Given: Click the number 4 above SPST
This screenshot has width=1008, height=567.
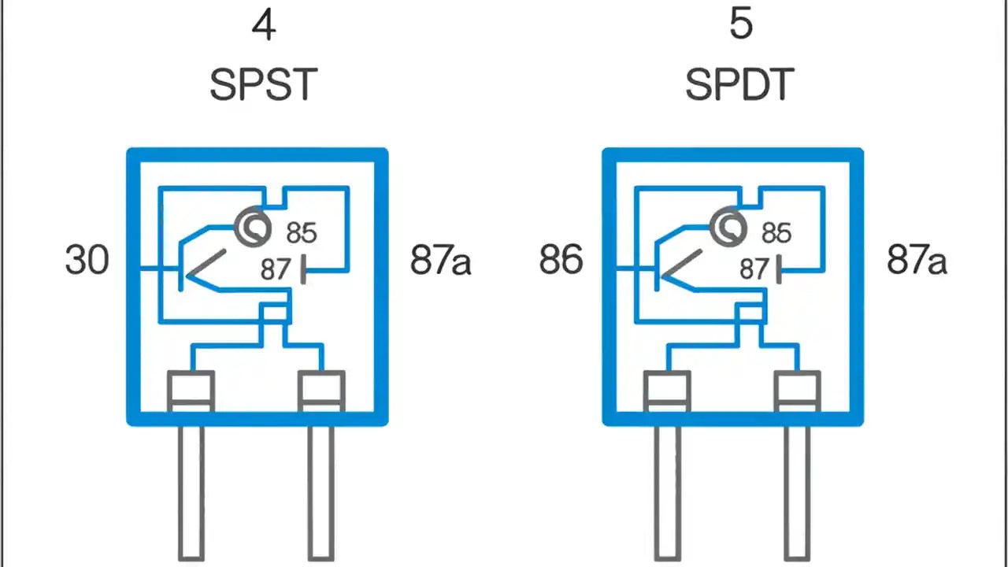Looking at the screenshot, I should point(263,26).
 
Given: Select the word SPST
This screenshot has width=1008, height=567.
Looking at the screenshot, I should point(263,85).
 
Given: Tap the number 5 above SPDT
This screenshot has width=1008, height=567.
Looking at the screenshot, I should point(740,24).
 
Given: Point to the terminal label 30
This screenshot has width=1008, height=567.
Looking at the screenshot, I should point(87,260).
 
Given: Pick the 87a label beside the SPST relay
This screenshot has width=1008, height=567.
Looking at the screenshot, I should point(440,261).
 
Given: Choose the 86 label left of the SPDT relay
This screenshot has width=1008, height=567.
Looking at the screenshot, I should point(561,260).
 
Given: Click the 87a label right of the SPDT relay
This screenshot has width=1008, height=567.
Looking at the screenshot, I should point(916,260).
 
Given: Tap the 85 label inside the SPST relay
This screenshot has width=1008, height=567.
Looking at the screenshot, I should point(301,233).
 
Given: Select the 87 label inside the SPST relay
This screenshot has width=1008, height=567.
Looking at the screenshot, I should point(276,269).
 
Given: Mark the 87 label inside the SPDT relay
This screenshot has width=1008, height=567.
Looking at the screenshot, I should point(754,269).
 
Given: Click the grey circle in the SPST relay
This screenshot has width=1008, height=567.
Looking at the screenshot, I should point(253,228).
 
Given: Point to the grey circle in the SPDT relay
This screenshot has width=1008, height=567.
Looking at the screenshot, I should point(728,228).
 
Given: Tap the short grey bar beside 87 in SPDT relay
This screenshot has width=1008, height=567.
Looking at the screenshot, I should point(779,269).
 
